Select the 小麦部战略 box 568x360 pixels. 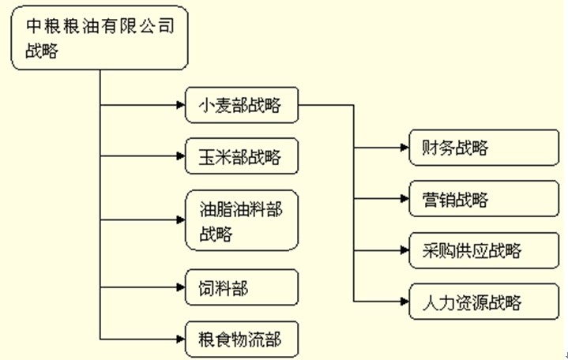point(243,105)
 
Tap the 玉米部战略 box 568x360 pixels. point(243,156)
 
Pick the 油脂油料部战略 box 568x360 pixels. point(243,219)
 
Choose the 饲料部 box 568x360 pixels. point(243,288)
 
